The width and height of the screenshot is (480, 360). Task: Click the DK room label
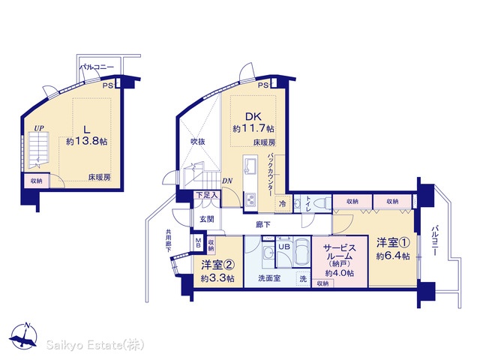253,117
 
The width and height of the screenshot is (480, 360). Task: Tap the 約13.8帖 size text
87,141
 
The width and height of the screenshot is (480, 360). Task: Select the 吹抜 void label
198,142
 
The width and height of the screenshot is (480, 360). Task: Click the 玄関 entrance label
207,219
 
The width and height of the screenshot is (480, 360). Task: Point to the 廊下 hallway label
263,225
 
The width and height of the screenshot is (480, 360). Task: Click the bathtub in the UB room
301,251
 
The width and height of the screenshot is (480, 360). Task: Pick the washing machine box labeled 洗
303,278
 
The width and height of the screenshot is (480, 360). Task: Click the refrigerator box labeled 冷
282,203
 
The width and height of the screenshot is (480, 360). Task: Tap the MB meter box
198,243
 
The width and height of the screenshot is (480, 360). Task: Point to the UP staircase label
39,128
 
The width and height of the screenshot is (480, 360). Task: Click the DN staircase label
227,181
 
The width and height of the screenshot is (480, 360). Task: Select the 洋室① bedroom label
393,243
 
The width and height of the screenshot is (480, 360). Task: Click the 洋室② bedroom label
218,265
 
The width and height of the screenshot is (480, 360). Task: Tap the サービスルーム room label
340,252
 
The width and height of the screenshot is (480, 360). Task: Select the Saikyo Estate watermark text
95,345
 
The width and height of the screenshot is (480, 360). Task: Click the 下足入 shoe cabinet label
207,195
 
